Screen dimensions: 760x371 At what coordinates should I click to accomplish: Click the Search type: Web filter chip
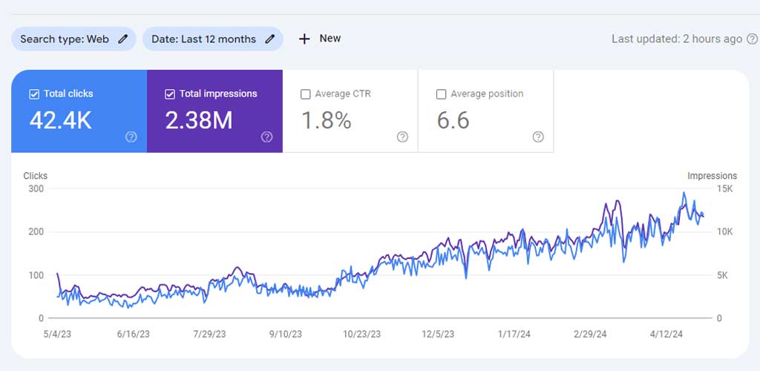click(73, 39)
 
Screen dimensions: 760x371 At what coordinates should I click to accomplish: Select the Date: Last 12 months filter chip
click(213, 39)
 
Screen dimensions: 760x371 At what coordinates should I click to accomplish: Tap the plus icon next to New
click(304, 39)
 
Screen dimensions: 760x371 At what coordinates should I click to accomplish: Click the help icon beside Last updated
click(752, 39)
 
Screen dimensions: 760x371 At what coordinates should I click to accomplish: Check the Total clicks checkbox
click(34, 94)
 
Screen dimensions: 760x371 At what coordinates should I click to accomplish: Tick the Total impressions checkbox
click(170, 94)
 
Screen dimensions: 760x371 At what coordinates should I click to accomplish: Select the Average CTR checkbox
click(305, 94)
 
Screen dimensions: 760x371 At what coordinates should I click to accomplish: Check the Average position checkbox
click(441, 94)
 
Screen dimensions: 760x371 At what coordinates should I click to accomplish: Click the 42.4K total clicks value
click(61, 120)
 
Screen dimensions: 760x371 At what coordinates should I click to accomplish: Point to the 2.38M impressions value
click(199, 120)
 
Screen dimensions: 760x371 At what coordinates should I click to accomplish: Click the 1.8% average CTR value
click(327, 120)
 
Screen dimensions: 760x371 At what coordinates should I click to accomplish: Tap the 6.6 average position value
click(453, 120)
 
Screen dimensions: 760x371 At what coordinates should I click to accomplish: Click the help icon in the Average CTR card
click(402, 137)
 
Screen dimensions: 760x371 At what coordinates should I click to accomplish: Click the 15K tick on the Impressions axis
click(725, 188)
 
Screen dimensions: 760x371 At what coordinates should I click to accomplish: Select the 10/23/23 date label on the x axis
click(361, 334)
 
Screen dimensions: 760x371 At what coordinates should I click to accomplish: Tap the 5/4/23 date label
click(58, 334)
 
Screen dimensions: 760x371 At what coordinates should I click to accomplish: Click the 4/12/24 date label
click(666, 334)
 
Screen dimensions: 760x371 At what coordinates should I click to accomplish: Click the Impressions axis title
click(712, 176)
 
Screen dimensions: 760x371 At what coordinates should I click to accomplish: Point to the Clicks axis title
click(36, 176)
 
